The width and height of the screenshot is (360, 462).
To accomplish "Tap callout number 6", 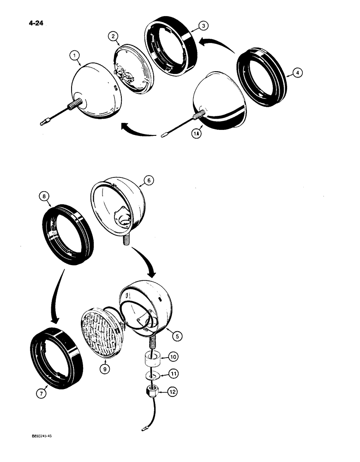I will [150, 182].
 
